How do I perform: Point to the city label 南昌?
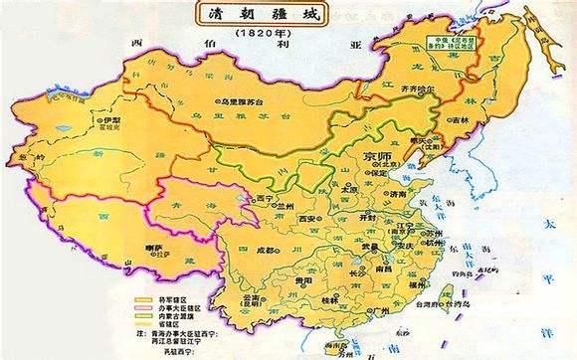(384, 268)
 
